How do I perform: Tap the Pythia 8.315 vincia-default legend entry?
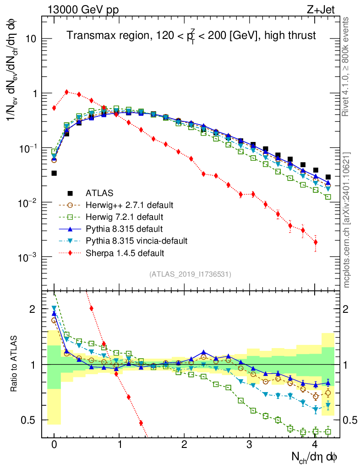coord(131,240)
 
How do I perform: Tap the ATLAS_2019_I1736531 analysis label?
coord(190,274)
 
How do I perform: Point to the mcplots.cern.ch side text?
coord(346,220)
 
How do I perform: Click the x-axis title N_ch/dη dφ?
coord(315,457)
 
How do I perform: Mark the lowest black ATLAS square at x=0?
coord(54,173)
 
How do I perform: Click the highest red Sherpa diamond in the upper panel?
coord(67,92)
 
